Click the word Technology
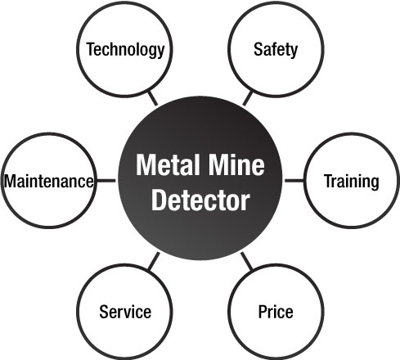pyautogui.click(x=125, y=50)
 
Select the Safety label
pyautogui.click(x=276, y=50)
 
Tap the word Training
pyautogui.click(x=352, y=182)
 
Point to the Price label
pyautogui.click(x=276, y=312)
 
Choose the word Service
pyautogui.click(x=125, y=312)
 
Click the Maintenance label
pyautogui.click(x=49, y=181)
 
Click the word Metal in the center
pyautogui.click(x=168, y=164)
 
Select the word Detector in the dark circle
pyautogui.click(x=200, y=200)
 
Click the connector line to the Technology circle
pyautogui.click(x=153, y=98)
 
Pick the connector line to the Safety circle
pyautogui.click(x=248, y=98)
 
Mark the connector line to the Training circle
pyautogui.click(x=294, y=181)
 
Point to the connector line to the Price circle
pyautogui.click(x=247, y=261)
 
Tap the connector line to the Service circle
pyautogui.click(x=154, y=261)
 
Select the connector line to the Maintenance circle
pyautogui.click(x=106, y=181)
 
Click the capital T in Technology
pyautogui.click(x=91, y=49)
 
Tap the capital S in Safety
pyautogui.click(x=258, y=49)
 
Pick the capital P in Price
pyautogui.click(x=263, y=312)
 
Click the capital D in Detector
pyautogui.click(x=159, y=200)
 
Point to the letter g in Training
pyautogui.click(x=374, y=184)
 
